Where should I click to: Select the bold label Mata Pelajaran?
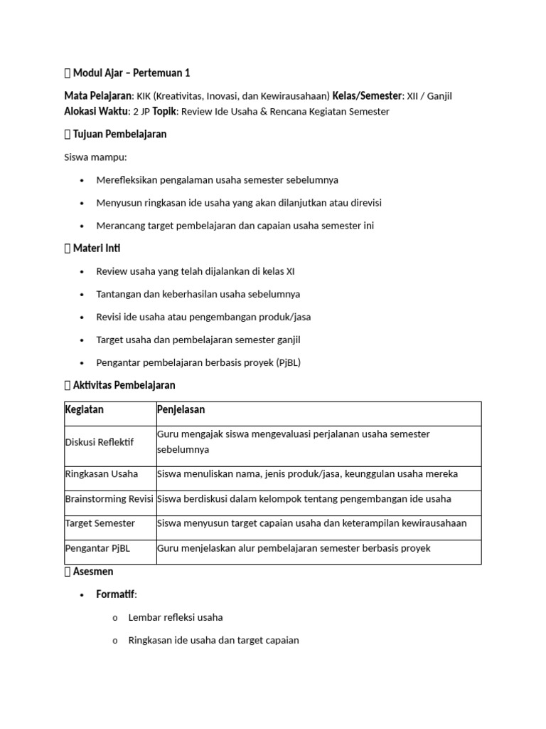[98, 95]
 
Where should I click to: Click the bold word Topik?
[164, 111]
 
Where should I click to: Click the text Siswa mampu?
[96, 157]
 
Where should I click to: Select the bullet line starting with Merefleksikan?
[217, 180]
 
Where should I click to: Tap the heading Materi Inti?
[97, 248]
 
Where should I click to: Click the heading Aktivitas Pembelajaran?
[124, 385]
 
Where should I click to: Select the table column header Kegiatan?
[84, 410]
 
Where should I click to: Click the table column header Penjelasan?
[181, 410]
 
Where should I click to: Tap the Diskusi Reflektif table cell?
[99, 443]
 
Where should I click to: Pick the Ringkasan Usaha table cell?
[101, 473]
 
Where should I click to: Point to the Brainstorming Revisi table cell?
[109, 498]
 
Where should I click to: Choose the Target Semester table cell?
[100, 523]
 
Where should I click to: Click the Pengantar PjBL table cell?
[97, 548]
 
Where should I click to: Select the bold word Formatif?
[115, 594]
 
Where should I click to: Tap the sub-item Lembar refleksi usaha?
[176, 617]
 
